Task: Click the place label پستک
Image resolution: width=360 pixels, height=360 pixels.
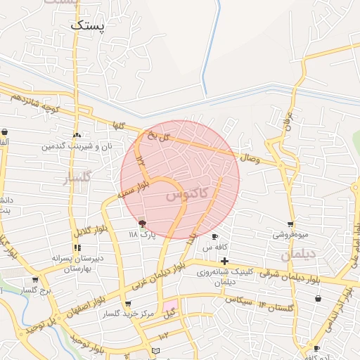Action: (x=87, y=25)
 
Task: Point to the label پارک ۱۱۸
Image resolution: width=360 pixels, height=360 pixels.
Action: (x=141, y=234)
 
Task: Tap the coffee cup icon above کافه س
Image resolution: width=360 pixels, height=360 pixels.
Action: (x=214, y=236)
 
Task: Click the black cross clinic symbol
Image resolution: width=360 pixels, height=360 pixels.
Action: (x=224, y=262)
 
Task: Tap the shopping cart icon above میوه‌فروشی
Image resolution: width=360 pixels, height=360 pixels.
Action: (x=290, y=224)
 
